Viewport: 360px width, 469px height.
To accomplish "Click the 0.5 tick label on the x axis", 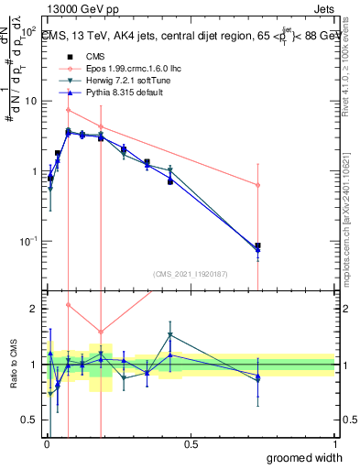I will [191, 443].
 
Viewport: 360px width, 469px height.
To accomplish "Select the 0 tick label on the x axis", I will [47, 443].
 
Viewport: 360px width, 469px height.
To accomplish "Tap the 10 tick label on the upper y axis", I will [32, 102].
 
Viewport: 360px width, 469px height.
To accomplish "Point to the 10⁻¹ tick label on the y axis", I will [29, 242].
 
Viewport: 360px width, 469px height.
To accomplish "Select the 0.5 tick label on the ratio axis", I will [32, 420].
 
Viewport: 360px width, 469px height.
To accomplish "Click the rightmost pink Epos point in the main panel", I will [257, 185].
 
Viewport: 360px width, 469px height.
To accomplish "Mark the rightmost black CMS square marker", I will [257, 245].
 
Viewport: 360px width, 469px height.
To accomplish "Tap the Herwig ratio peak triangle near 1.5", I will [170, 335].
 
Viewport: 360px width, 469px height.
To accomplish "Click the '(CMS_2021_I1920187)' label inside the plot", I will [190, 273].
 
